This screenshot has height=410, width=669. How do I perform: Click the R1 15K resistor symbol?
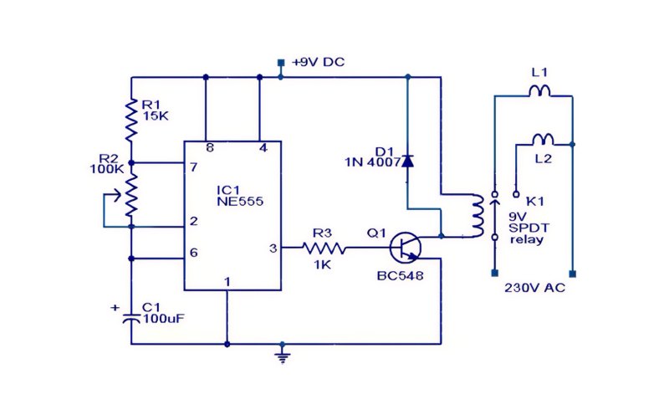pyautogui.click(x=131, y=120)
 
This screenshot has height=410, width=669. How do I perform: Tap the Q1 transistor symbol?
pyautogui.click(x=406, y=248)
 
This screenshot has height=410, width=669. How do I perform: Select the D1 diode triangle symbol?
pyautogui.click(x=408, y=161)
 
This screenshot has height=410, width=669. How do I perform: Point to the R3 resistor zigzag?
pyautogui.click(x=324, y=248)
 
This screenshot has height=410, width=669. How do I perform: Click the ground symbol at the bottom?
pyautogui.click(x=282, y=356)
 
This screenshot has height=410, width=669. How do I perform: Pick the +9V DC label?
pyautogui.click(x=318, y=62)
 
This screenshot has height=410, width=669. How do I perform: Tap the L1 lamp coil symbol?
pyautogui.click(x=539, y=90)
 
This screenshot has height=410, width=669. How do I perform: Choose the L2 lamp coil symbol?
pyautogui.click(x=543, y=139)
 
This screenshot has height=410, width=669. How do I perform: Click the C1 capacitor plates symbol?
pyautogui.click(x=131, y=319)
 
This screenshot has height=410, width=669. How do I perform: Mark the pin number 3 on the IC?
pyautogui.click(x=273, y=249)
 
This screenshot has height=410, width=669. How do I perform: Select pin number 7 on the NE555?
pyautogui.click(x=194, y=167)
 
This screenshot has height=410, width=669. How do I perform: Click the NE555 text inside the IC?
pyautogui.click(x=240, y=201)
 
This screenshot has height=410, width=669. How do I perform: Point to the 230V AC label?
pyautogui.click(x=535, y=288)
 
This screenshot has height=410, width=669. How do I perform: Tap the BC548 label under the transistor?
pyautogui.click(x=400, y=276)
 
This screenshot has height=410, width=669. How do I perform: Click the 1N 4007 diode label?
pyautogui.click(x=372, y=162)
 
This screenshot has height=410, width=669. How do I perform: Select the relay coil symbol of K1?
pyautogui.click(x=477, y=216)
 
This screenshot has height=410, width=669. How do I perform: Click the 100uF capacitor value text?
pyautogui.click(x=164, y=319)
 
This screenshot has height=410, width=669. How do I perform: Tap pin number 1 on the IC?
pyautogui.click(x=227, y=282)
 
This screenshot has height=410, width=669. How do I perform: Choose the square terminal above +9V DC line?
pyautogui.click(x=281, y=63)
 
